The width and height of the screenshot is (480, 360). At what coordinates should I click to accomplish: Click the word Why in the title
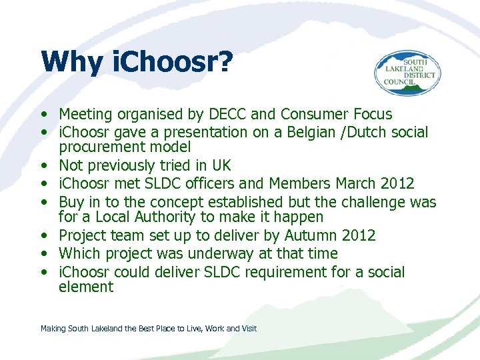(x=71, y=63)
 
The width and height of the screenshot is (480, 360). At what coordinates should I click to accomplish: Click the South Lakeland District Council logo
(x=406, y=74)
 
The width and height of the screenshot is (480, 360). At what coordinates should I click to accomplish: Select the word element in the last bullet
(x=86, y=287)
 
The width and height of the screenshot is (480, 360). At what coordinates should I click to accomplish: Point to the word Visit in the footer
(x=247, y=328)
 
